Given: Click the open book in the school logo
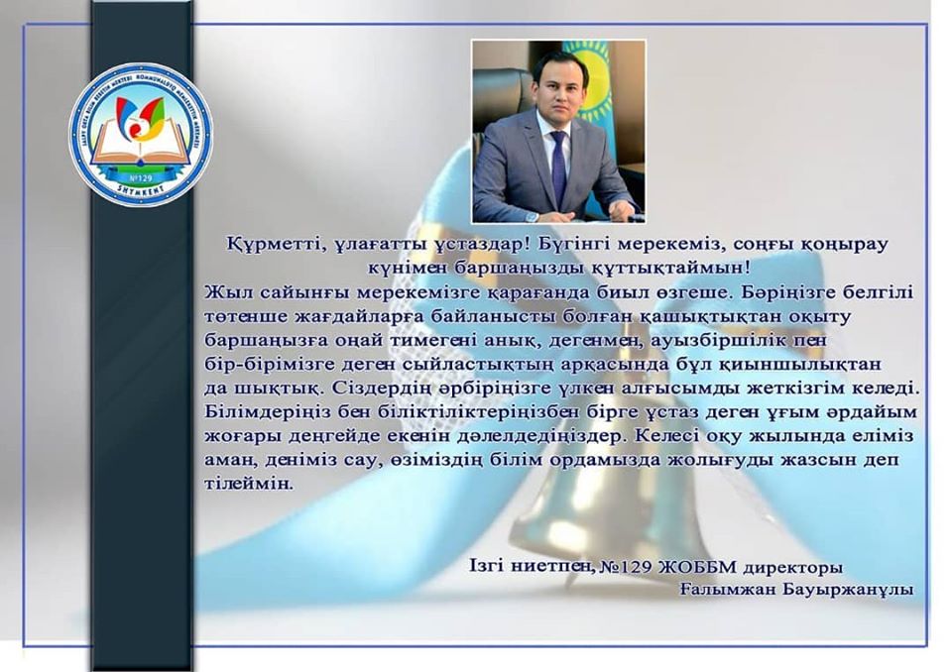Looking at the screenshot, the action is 140,142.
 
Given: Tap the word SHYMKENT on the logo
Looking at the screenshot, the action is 140,188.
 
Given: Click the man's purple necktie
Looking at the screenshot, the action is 558,167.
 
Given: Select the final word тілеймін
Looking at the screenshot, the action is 249,484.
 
